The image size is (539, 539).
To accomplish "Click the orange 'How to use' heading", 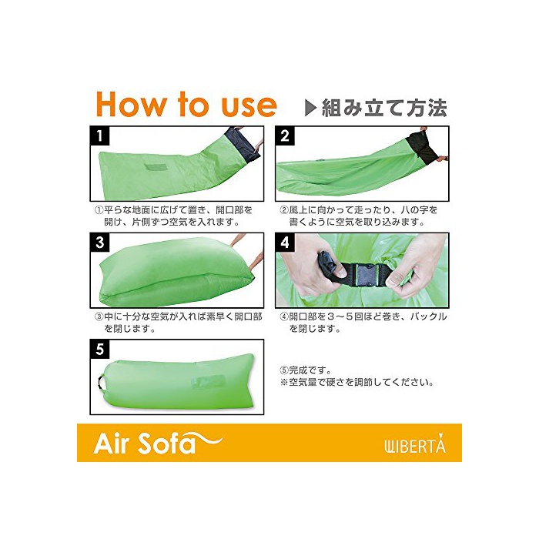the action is pos(186,104).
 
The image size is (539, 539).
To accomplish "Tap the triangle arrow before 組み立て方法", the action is pos(310,108).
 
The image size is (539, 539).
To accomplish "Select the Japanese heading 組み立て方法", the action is pos(384,108).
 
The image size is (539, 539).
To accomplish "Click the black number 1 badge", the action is pos(99,136).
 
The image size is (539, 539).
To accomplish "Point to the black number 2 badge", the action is pos(285,136).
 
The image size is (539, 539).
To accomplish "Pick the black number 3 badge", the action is pos(99,243).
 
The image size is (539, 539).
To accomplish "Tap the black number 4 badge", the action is pos(285,243).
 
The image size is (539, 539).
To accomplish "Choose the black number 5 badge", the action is pos(99,350).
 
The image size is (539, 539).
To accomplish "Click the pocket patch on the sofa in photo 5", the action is pos(209,382).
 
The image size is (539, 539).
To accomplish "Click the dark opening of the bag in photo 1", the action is pos(243,144).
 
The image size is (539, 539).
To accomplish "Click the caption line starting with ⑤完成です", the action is pos(306,370).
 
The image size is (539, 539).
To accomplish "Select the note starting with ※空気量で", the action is pos(357,382).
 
